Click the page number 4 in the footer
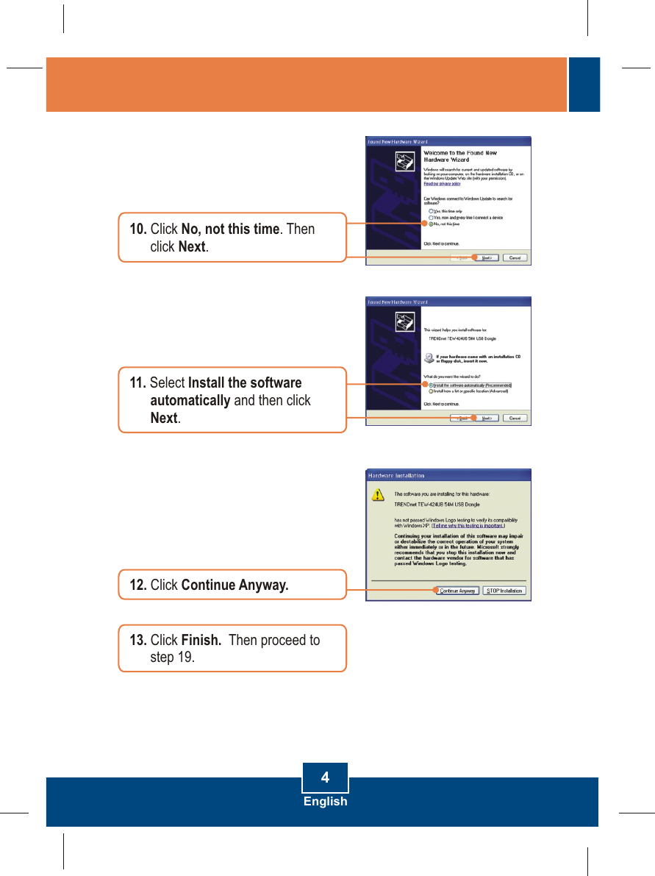(325, 777)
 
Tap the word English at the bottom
(325, 801)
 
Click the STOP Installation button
(504, 591)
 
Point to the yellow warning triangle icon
(377, 494)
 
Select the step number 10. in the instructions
(138, 229)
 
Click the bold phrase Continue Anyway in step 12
(235, 585)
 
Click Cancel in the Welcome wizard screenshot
(515, 257)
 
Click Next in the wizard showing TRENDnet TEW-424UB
(486, 418)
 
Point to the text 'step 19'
(172, 657)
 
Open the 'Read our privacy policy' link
(442, 184)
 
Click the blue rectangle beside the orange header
(585, 85)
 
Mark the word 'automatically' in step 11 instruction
(190, 400)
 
